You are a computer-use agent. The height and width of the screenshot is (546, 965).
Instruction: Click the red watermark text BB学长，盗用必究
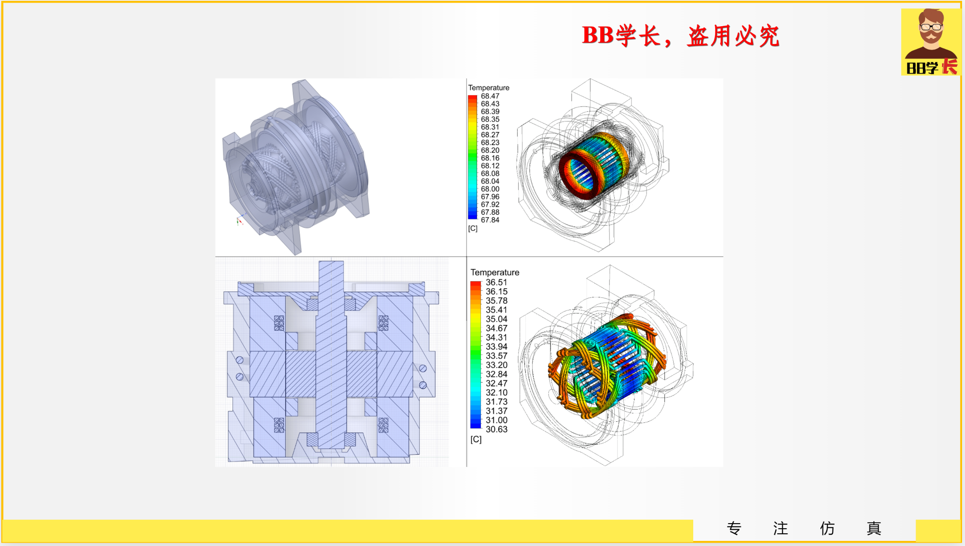coord(681,36)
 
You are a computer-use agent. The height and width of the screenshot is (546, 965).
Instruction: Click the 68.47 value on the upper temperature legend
coord(490,96)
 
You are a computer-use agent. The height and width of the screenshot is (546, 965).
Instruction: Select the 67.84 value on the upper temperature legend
coord(490,220)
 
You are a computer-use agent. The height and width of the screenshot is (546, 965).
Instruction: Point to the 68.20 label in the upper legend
coord(490,150)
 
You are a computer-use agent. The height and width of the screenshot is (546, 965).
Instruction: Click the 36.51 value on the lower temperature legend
coord(496,282)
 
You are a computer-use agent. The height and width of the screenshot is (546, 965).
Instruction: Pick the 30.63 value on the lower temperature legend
coord(496,429)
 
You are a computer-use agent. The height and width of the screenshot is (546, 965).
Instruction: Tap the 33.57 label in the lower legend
coord(496,356)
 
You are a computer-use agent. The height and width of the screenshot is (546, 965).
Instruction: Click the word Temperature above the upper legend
coord(489,87)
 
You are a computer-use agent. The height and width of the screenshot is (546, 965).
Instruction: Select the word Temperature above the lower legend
coord(495,273)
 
